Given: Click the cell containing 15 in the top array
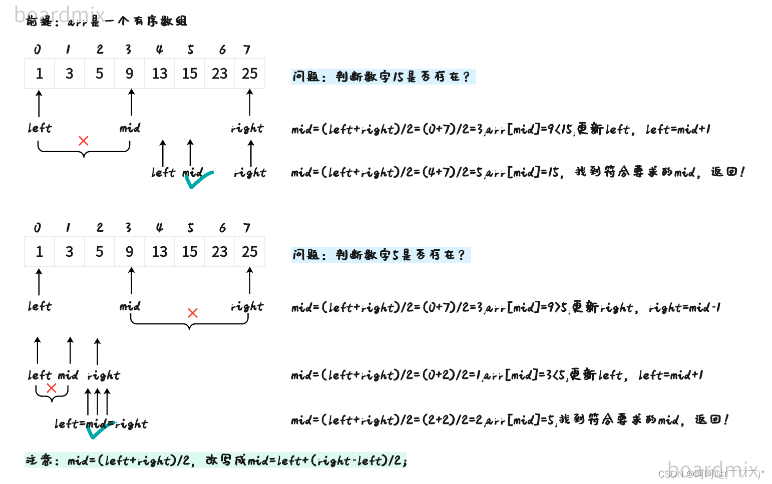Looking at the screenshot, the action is pos(190,74).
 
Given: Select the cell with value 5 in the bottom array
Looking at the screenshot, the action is pos(100,252).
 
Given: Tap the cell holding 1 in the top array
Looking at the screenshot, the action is pos(40,74).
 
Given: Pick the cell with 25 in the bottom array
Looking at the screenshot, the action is pos(249,252).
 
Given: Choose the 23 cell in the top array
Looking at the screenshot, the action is pos(219,74).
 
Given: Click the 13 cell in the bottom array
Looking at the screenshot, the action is pos(160,252).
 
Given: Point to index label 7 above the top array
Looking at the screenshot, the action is pos(247,50).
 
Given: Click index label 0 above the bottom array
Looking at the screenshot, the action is pos(38,228).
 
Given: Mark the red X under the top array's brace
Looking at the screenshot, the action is pos(84,141).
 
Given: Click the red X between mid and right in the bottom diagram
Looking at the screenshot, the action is pos(193,313).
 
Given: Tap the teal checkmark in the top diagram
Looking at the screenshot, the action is pos(199,179).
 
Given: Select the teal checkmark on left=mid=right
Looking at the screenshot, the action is pos(99,429).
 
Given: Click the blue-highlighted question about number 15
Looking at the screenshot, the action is pos(383,77).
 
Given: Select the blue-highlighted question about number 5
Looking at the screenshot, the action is pos(380,255).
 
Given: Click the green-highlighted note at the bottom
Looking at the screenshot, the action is pos(216,460).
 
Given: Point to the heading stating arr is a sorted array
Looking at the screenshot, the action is pos(107,21).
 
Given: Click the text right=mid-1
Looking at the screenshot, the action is pos(684,307).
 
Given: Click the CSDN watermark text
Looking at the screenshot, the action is pos(711,473).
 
